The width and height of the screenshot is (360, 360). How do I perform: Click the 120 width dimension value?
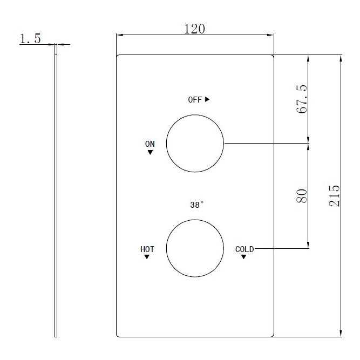pyautogui.click(x=194, y=29)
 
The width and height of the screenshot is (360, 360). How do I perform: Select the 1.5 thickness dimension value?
pyautogui.click(x=30, y=39)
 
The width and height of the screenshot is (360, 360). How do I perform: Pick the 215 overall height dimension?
pyautogui.click(x=334, y=195)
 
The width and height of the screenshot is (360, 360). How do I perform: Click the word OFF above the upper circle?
pyautogui.click(x=194, y=100)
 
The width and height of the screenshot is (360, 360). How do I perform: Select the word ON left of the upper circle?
pyautogui.click(x=150, y=144)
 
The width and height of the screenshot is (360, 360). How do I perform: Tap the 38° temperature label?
pyautogui.click(x=196, y=205)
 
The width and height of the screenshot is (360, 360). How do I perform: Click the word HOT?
pyautogui.click(x=147, y=249)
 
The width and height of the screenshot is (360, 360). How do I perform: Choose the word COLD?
pyautogui.click(x=244, y=249)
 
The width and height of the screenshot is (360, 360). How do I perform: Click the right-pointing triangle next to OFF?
pyautogui.click(x=207, y=99)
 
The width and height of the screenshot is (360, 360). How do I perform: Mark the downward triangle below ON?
pyautogui.click(x=150, y=153)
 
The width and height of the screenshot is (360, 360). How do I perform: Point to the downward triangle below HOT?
pyautogui.click(x=147, y=257)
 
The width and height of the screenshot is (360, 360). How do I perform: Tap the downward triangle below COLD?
pyautogui.click(x=243, y=257)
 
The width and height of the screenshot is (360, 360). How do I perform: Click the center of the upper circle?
pyautogui.click(x=195, y=144)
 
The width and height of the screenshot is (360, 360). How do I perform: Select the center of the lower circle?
pyautogui.click(x=195, y=249)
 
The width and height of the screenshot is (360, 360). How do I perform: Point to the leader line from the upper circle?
pyautogui.click(x=264, y=144)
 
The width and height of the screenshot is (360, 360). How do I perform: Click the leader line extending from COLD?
pyautogui.click(x=281, y=249)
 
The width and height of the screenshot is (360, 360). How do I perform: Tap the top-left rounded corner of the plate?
pyautogui.click(x=119, y=57)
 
